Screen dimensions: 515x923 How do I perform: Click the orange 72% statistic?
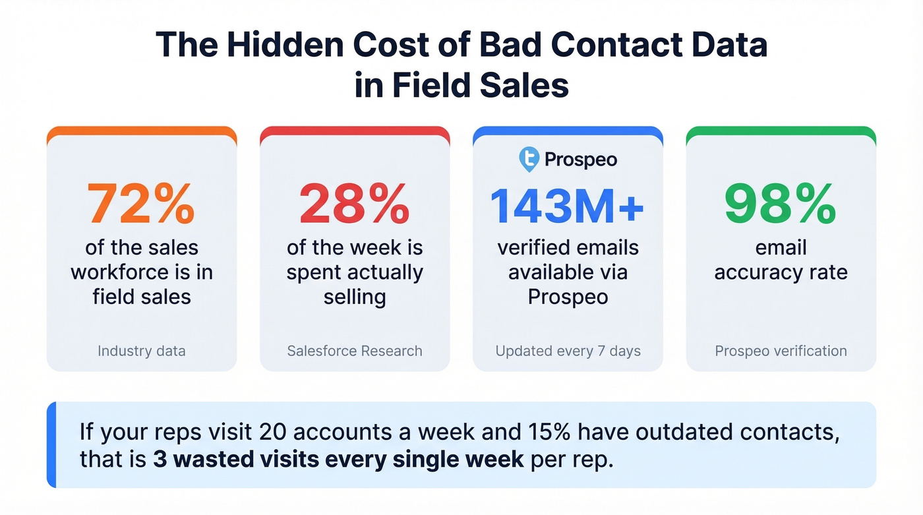[x=141, y=204]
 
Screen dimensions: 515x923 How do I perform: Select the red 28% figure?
[x=355, y=204]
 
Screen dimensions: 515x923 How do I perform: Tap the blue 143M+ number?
[x=568, y=204]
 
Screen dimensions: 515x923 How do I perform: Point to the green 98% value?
[x=781, y=204]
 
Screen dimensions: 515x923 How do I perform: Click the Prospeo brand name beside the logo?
[x=581, y=160]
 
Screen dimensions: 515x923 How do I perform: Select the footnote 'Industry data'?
[x=141, y=351]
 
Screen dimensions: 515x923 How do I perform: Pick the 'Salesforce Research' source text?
[x=355, y=351]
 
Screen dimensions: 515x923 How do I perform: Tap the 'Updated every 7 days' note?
[x=568, y=351]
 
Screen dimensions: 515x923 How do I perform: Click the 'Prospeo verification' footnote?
[x=781, y=351]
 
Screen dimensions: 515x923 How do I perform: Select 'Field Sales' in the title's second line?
[x=479, y=86]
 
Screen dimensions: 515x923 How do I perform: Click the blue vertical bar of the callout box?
[x=51, y=445]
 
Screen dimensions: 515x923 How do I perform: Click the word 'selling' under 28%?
[x=355, y=297]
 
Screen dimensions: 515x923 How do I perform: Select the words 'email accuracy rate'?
[x=781, y=260]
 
